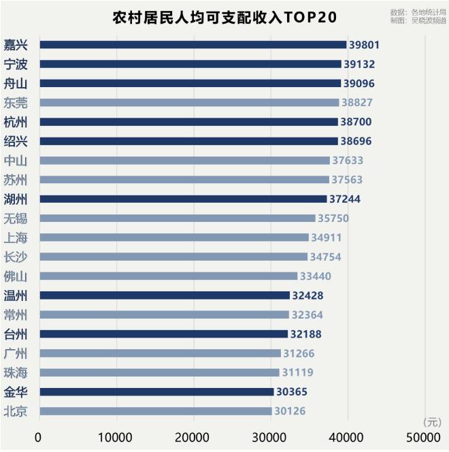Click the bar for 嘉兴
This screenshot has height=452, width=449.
[x=193, y=45]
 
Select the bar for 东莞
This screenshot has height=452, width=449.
[x=189, y=103]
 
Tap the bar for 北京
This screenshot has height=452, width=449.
[x=156, y=411]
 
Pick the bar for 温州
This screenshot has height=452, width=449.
[x=165, y=295]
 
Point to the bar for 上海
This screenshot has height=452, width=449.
[x=174, y=238]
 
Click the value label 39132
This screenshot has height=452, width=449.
[x=359, y=64]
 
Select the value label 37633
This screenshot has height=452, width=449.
[x=348, y=161]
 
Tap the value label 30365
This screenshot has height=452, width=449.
[x=292, y=391]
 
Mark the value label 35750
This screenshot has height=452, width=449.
[x=333, y=219]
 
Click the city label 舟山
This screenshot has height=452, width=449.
[x=16, y=84]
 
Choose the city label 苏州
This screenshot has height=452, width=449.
[x=16, y=180]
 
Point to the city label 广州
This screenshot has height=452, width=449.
[x=16, y=353]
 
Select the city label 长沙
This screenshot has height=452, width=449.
[x=16, y=257]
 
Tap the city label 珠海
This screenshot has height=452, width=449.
[x=16, y=373]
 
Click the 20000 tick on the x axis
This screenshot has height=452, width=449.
[x=192, y=437]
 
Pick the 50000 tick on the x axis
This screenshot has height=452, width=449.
[x=423, y=437]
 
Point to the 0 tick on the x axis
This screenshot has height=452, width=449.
[x=37, y=437]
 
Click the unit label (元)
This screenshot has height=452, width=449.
[x=432, y=422]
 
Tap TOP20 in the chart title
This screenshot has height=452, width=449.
[x=310, y=17]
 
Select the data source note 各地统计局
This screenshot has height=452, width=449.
[x=429, y=12]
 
